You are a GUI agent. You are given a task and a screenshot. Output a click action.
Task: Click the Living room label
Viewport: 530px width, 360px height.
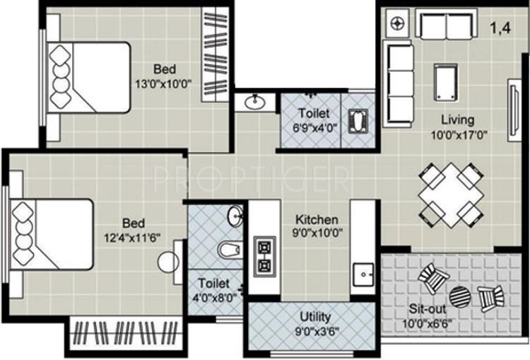click(457, 120)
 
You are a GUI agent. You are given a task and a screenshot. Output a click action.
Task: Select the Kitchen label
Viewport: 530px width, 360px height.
click(316, 219)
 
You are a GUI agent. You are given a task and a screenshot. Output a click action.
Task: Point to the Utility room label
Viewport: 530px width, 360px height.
click(314, 317)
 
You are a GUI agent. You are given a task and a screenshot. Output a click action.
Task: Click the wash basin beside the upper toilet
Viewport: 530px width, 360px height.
click(255, 103)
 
